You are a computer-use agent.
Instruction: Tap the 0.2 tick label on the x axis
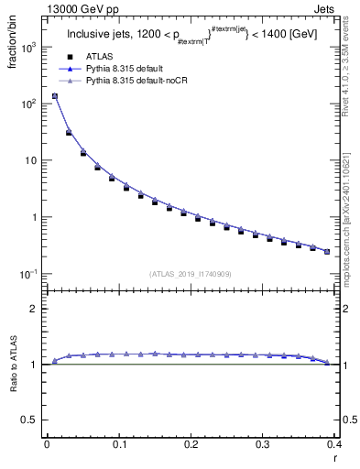tap(191, 444)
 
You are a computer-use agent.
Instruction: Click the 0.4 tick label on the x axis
tap(333, 444)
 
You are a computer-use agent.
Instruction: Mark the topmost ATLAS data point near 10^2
tap(54, 96)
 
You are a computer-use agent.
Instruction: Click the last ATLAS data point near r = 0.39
tap(327, 251)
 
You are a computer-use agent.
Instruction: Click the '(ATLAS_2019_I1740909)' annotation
tap(191, 274)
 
